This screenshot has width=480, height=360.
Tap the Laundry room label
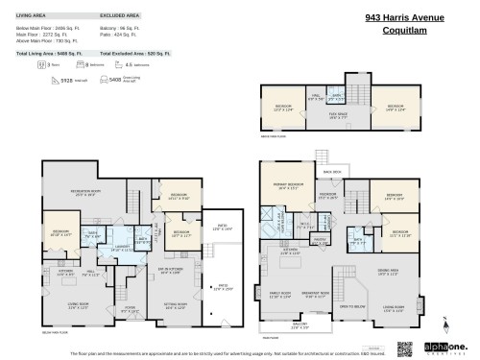121,248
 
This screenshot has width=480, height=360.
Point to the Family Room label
280,295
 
